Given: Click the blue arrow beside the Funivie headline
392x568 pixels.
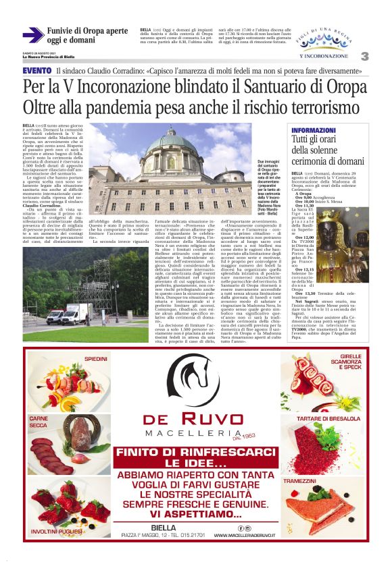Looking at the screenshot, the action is tap(33, 35).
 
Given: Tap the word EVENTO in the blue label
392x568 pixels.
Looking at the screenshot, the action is tap(36, 71).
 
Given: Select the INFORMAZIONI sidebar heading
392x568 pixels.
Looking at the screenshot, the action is tap(313, 130).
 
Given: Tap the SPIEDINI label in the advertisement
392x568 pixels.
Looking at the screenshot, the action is tap(97, 358).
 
